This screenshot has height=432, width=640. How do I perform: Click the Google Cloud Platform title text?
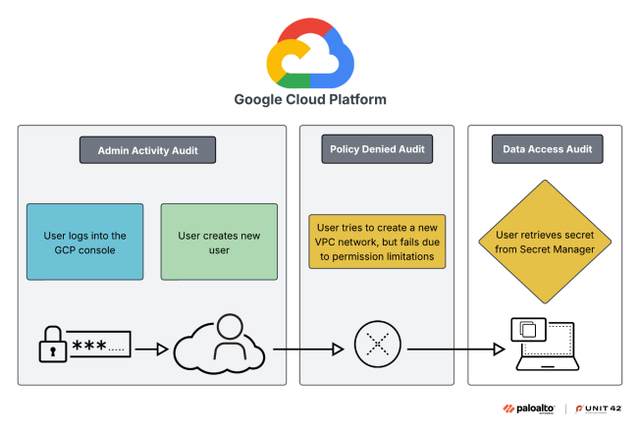click(309, 99)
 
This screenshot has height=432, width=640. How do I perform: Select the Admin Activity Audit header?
click(147, 150)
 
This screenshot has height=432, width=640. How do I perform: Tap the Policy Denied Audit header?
click(377, 150)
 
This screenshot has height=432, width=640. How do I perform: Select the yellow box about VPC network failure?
click(377, 242)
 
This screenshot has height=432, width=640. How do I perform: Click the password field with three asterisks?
click(100, 347)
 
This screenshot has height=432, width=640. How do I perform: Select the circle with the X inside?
click(377, 347)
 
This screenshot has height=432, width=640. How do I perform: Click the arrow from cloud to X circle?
click(307, 347)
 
